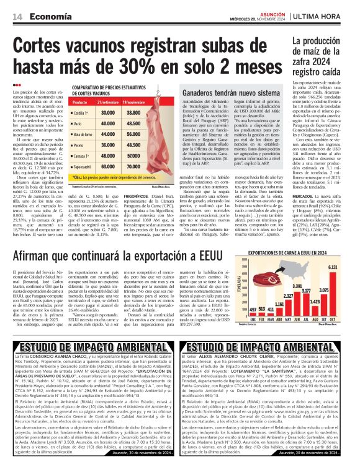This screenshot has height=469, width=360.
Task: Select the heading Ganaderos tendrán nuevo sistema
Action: [231, 91]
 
